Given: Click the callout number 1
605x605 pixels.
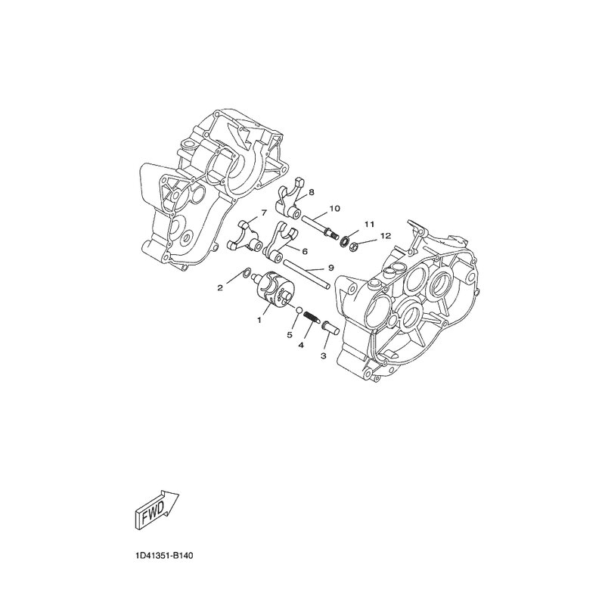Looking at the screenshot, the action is (x=259, y=320).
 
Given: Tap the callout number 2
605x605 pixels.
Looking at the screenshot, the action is (x=220, y=287).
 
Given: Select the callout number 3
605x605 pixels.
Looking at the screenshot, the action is (x=324, y=355).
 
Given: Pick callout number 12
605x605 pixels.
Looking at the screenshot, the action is (x=386, y=236).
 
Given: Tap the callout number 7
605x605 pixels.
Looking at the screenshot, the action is (x=264, y=213).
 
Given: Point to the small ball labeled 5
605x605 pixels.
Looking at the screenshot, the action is (x=298, y=309).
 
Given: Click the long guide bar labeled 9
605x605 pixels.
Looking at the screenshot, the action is (x=307, y=275).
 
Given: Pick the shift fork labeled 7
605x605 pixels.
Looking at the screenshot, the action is (x=244, y=236).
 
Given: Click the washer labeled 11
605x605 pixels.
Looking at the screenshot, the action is (x=343, y=241).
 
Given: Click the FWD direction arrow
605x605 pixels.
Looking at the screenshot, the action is (x=157, y=510).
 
